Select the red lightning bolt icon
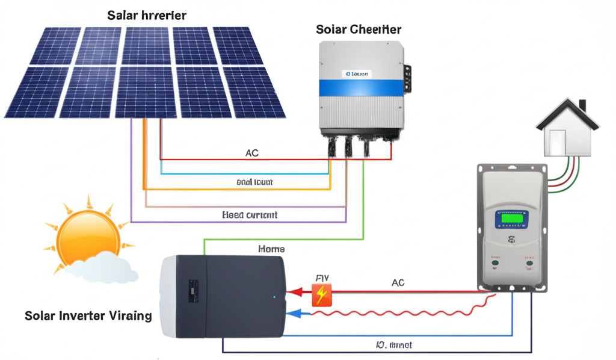coord(321,296)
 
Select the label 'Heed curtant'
coord(250,215)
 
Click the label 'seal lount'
coord(254,181)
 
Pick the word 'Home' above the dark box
coord(271,249)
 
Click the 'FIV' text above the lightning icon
coord(322,278)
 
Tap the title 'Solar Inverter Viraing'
coord(88,315)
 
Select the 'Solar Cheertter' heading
coord(359,29)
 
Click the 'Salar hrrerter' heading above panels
coord(147,16)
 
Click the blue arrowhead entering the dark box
coord(293,312)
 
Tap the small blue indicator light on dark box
coord(274,297)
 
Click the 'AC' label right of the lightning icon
coord(398,282)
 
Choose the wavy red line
coord(397,312)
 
